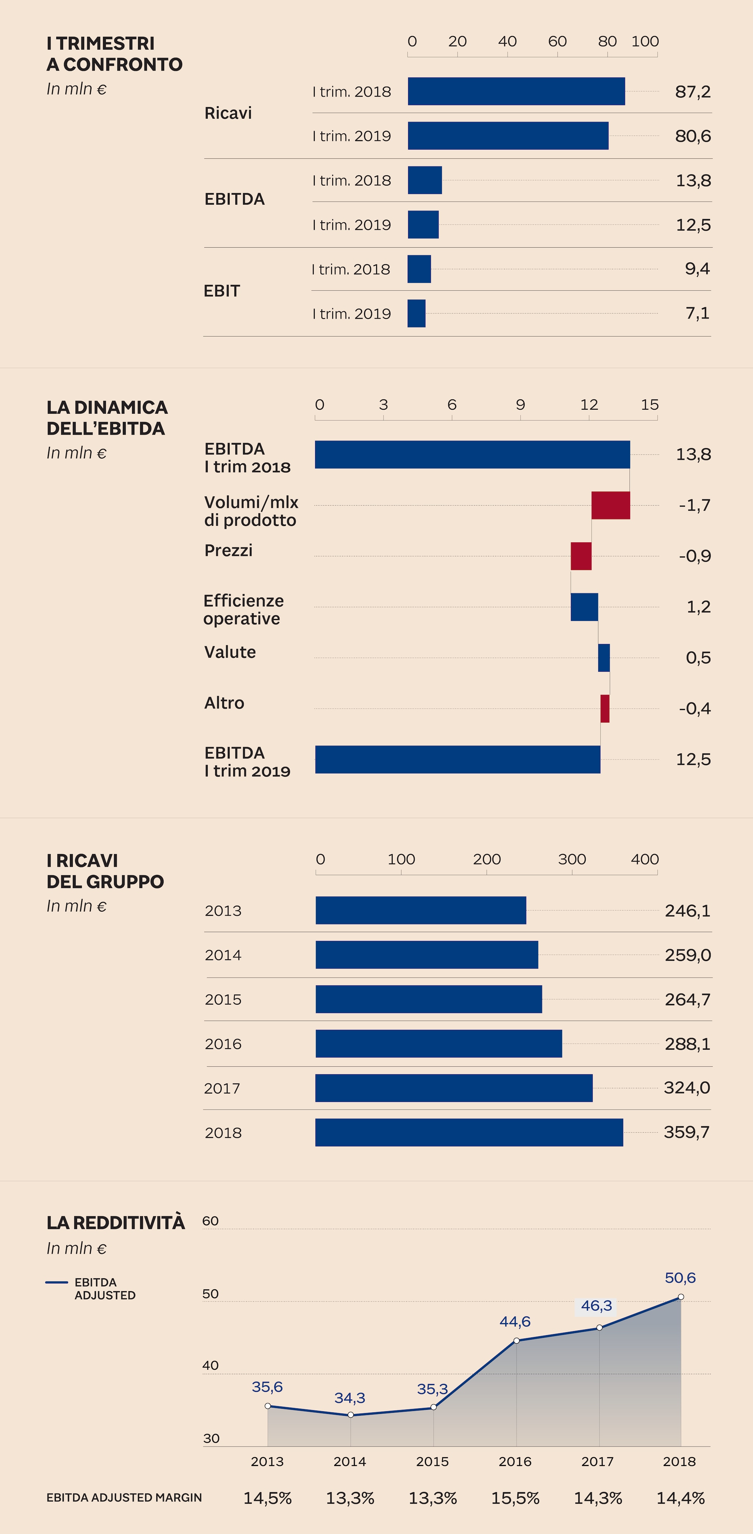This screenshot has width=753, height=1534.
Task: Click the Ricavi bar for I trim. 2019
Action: coord(507,136)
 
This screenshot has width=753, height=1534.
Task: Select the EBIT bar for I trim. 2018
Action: coord(419,269)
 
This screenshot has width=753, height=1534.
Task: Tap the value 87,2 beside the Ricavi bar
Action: coord(692,92)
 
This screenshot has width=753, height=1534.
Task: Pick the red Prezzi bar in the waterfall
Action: coord(581,556)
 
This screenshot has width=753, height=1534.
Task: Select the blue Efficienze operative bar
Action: coord(584,607)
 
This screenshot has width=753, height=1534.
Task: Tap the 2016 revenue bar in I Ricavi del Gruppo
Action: coord(439,1043)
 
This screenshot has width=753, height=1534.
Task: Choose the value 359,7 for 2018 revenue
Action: coord(686,1132)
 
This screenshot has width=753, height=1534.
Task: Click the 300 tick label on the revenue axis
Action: coord(571,859)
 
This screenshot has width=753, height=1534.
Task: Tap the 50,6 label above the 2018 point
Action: coord(680,1278)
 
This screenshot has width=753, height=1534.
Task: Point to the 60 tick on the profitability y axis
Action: coord(210,1221)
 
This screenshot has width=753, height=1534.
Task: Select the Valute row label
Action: coord(230,652)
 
